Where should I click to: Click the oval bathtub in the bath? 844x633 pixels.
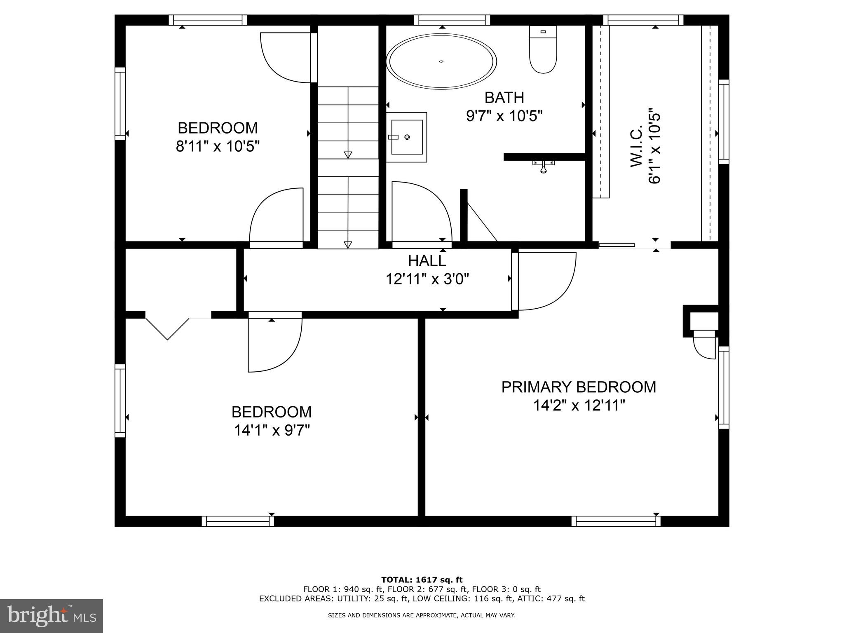pyautogui.click(x=441, y=61)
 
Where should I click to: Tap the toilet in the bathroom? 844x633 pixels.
pyautogui.click(x=543, y=50)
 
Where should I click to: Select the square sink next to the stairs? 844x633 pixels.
pyautogui.click(x=407, y=137)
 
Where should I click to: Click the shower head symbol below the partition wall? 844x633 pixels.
pyautogui.click(x=544, y=166)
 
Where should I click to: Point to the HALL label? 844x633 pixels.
pyautogui.click(x=427, y=261)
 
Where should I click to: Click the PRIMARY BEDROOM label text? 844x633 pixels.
pyautogui.click(x=579, y=387)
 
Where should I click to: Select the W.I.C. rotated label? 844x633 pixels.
pyautogui.click(x=637, y=147)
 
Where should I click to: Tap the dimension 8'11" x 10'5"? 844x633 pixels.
pyautogui.click(x=218, y=146)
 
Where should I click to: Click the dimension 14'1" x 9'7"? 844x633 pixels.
pyautogui.click(x=272, y=431)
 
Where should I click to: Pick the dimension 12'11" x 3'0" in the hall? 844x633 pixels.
pyautogui.click(x=427, y=279)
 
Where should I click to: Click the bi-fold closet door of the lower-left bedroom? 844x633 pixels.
pyautogui.click(x=167, y=328)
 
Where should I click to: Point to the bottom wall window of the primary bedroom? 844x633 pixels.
pyautogui.click(x=616, y=521)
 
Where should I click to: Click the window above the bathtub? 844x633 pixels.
pyautogui.click(x=452, y=20)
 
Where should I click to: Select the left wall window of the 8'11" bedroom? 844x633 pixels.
pyautogui.click(x=120, y=104)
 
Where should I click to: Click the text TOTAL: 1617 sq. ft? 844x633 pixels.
pyautogui.click(x=422, y=580)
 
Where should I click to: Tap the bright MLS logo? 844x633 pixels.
pyautogui.click(x=51, y=616)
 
